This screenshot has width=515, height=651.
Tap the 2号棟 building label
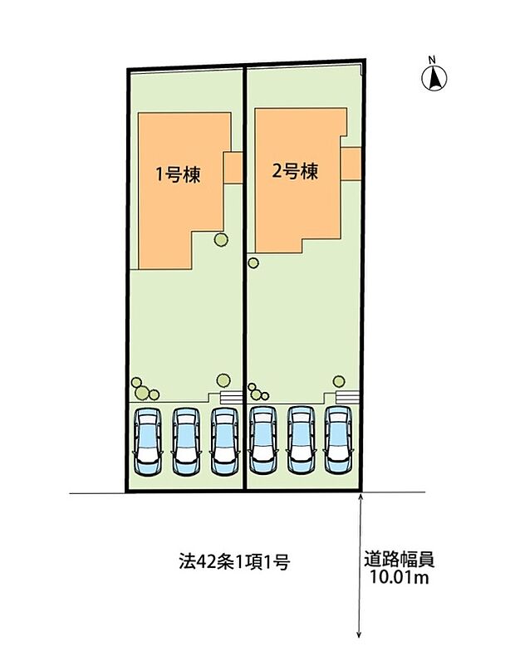click(x=296, y=172)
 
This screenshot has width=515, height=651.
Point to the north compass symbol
click(x=434, y=78)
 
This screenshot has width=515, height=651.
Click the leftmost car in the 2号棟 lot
click(x=262, y=440)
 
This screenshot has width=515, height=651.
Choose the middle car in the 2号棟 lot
click(x=300, y=440)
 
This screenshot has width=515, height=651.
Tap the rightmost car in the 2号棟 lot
click(x=338, y=440)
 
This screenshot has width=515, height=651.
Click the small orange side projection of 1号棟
click(x=233, y=168)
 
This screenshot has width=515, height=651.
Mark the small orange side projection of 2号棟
click(x=351, y=163)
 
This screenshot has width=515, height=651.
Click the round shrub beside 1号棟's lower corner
click(x=220, y=240)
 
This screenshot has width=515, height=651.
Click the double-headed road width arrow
click(x=359, y=565)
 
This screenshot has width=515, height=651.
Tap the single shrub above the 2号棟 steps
click(x=338, y=381)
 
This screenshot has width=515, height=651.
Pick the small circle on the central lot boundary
click(x=253, y=264)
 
